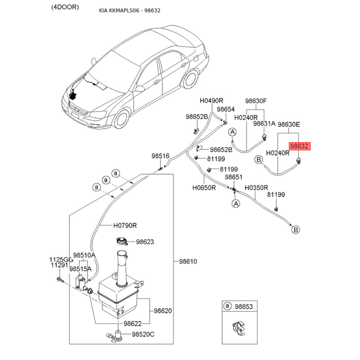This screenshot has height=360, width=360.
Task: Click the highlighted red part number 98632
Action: (x=299, y=146)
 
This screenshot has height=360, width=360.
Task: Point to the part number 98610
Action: (x=188, y=261)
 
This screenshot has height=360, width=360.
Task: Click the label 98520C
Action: (x=143, y=334)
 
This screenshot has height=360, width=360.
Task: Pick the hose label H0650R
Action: (x=204, y=187)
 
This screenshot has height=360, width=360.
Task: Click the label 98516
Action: (x=160, y=156)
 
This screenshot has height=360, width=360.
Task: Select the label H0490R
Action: (x=211, y=101)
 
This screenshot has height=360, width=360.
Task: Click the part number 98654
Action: (x=225, y=109)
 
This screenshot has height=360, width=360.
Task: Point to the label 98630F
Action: (x=256, y=101)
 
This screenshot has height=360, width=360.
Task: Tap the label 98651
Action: (x=234, y=177)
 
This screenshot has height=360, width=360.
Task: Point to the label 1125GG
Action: (x=61, y=260)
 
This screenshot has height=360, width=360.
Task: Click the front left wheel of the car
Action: (x=122, y=119)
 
